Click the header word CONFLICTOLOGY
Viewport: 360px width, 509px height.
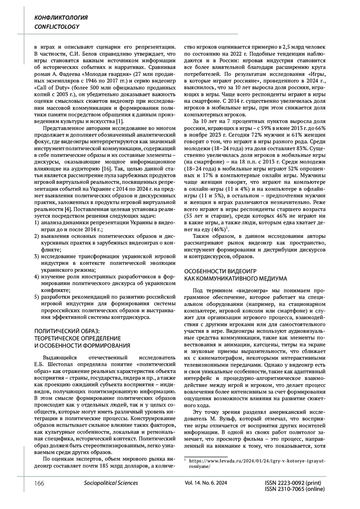pos(57,27)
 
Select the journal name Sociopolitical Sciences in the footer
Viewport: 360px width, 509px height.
pos(111,483)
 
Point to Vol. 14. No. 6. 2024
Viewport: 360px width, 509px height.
pos(206,483)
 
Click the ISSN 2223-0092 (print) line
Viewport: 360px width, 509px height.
pos(293,483)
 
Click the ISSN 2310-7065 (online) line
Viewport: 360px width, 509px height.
pos(295,489)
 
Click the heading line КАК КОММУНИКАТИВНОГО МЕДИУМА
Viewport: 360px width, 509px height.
pos(235,279)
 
